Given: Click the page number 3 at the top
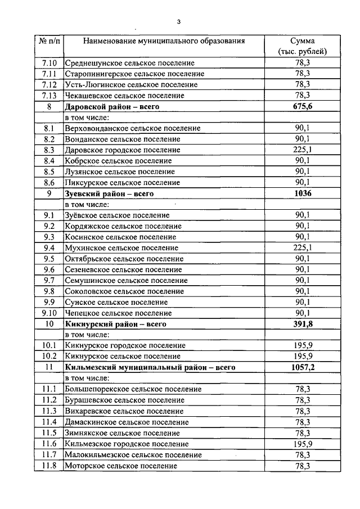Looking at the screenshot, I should (178, 22).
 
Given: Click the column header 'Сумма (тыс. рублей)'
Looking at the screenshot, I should (302, 46).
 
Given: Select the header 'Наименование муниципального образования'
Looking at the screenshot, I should (164, 41).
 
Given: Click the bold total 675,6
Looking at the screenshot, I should (303, 106).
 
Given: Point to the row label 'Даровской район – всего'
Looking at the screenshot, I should (112, 106).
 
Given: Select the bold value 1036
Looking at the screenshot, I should (303, 193).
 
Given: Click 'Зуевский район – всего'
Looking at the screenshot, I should (109, 193).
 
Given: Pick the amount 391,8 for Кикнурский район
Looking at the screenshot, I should (303, 324).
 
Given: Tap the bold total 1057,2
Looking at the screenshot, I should (303, 367).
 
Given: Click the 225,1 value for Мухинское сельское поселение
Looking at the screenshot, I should (303, 248).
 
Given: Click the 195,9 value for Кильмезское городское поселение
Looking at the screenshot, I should (303, 444).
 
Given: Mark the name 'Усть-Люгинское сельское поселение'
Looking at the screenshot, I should (131, 85).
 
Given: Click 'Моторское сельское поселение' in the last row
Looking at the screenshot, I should (121, 466).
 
